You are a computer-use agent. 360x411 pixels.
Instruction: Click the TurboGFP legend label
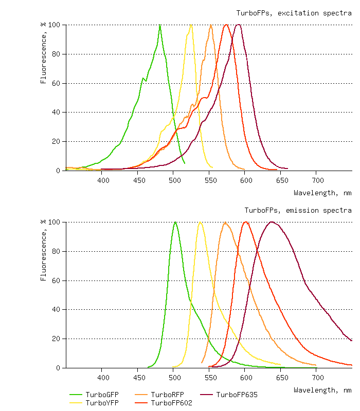click(x=102, y=395)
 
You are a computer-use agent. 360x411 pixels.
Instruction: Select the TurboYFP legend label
click(x=102, y=403)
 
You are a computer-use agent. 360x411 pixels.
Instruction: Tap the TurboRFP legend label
click(x=167, y=395)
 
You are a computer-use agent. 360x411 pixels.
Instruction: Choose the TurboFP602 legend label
click(x=171, y=403)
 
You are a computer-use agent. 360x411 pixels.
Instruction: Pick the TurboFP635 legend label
click(x=237, y=395)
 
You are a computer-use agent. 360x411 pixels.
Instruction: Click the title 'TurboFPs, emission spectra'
click(x=298, y=210)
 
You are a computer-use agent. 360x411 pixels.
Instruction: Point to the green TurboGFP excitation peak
click(x=160, y=25)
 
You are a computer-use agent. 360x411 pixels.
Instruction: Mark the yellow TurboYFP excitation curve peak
click(x=191, y=25)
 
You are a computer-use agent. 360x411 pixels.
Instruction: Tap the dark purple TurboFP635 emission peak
click(x=272, y=222)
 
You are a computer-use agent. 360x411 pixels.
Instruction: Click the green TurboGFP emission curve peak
click(x=175, y=222)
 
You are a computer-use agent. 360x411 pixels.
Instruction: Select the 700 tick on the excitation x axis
click(x=318, y=180)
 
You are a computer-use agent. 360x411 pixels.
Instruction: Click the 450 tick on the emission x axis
click(x=138, y=378)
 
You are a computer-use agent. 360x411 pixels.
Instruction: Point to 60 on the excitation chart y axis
click(x=56, y=83)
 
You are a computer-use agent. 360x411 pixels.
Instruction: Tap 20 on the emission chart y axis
click(x=56, y=339)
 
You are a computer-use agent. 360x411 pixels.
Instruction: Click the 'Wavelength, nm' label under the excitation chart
click(x=322, y=193)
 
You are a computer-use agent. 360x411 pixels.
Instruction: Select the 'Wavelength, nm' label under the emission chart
click(x=322, y=390)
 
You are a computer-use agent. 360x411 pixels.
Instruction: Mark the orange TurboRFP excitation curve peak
click(x=211, y=25)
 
